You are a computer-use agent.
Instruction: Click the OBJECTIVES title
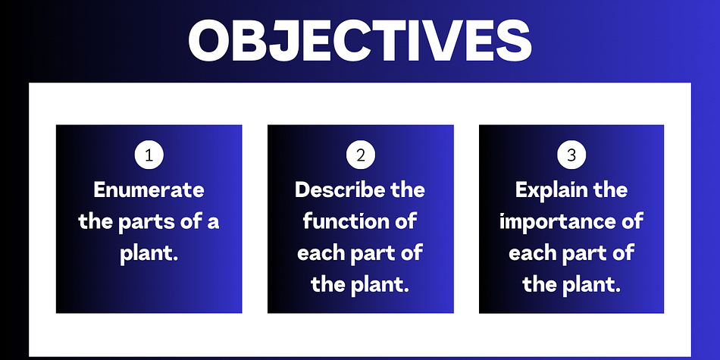point(360,41)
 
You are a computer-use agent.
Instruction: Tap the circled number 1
point(149,155)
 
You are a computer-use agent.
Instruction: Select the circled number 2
point(361,155)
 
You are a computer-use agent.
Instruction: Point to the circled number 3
point(571,155)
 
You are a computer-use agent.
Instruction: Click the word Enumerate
point(149,189)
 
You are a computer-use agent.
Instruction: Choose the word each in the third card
point(531,253)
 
